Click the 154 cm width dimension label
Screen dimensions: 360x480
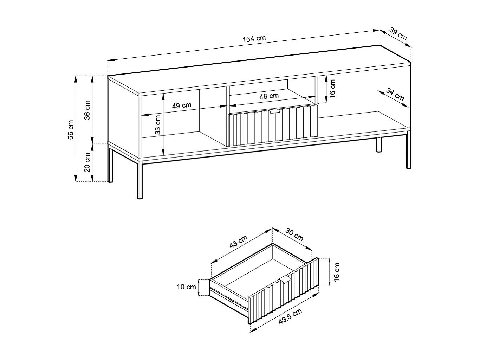[254, 39]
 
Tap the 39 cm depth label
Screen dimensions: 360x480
[398, 35]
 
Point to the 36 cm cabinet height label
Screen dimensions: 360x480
[87, 110]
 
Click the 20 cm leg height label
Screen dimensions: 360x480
[87, 162]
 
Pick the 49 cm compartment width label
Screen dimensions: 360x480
[182, 105]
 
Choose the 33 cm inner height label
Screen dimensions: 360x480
[158, 125]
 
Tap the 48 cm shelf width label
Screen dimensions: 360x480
[269, 96]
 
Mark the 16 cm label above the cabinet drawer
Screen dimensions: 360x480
[332, 89]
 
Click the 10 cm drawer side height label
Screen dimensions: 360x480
[186, 287]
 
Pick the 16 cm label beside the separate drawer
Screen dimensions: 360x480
[337, 271]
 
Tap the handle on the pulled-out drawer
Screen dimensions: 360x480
[286, 279]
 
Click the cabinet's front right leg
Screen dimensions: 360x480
[408, 151]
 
